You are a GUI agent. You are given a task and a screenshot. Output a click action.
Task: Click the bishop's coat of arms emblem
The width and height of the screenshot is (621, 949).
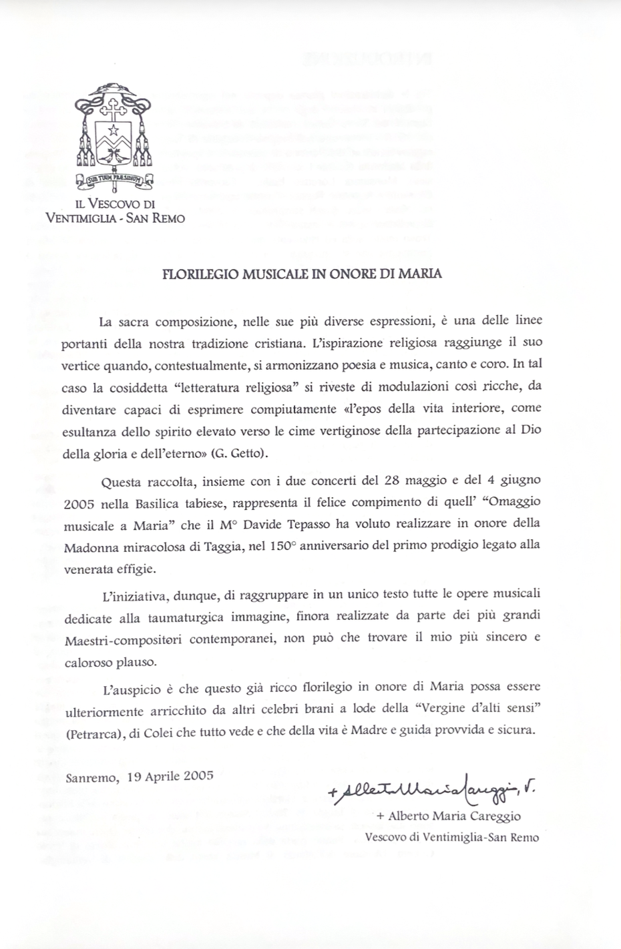[114, 133]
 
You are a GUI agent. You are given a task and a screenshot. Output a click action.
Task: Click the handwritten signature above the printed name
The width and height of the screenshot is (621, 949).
[431, 790]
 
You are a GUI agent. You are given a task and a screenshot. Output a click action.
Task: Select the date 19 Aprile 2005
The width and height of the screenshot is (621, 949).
[170, 775]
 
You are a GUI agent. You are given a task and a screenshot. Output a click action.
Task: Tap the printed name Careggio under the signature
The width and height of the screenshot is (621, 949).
[491, 816]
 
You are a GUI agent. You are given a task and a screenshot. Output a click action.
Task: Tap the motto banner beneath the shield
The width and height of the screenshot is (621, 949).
[114, 178]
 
